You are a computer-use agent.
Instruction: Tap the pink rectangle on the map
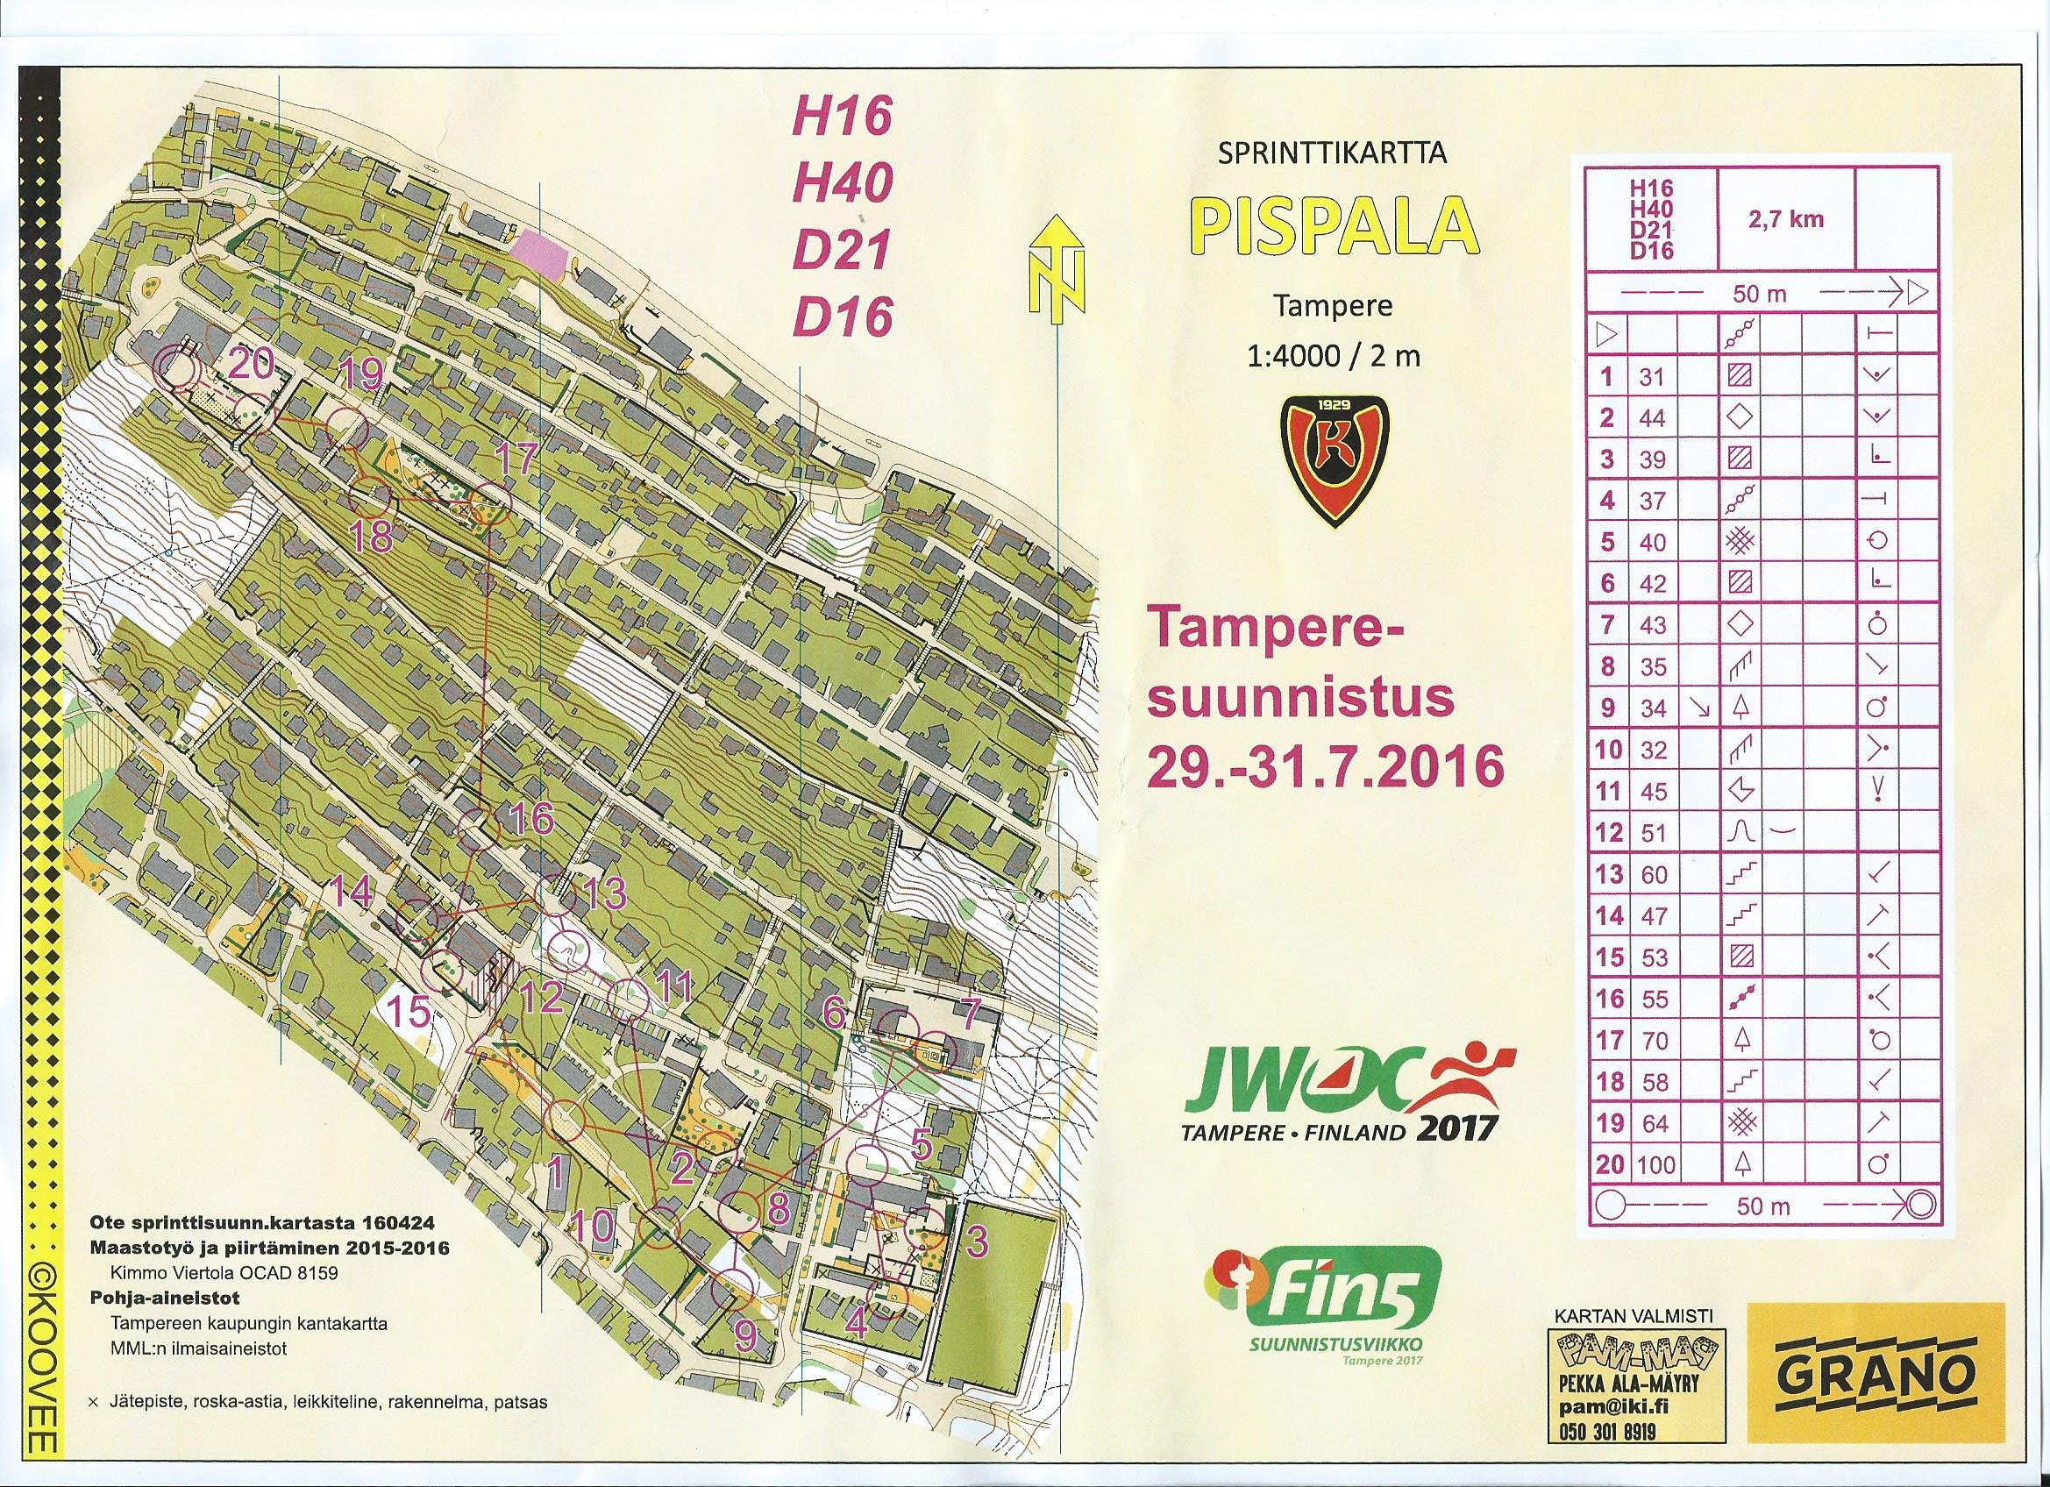tap(537, 246)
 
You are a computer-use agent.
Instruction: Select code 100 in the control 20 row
tap(1656, 1164)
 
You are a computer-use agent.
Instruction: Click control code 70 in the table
tap(1654, 1040)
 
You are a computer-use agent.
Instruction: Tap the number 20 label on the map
tap(252, 366)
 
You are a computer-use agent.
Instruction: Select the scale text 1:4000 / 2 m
tap(1332, 356)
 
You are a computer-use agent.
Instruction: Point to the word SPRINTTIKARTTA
tap(1332, 153)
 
